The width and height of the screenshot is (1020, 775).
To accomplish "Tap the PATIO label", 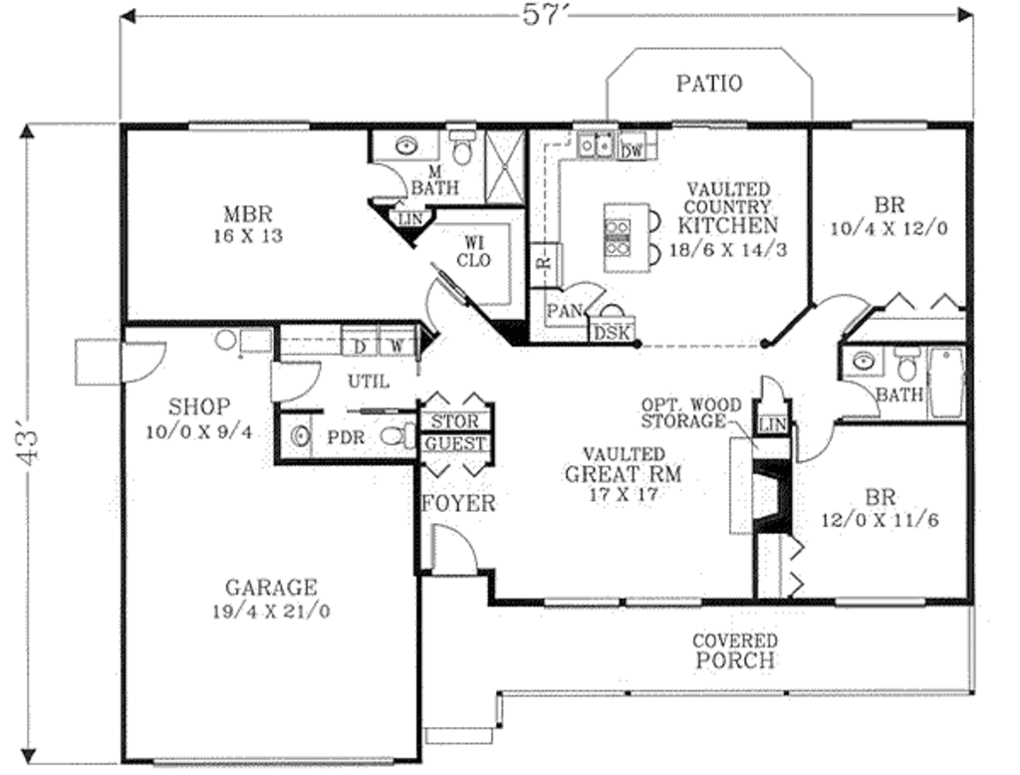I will [x=709, y=83].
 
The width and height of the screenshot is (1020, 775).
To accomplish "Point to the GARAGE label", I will [x=270, y=588].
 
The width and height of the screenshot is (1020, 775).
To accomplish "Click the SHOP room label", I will [x=199, y=406].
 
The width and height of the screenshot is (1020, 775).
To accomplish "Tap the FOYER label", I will [x=457, y=503].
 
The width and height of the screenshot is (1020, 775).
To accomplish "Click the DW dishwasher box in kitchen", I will [x=631, y=150].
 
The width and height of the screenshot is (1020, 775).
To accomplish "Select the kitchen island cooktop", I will [x=618, y=238].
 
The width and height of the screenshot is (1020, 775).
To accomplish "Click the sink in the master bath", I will [x=405, y=146].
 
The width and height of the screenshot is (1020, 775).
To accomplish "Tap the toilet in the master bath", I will [x=461, y=150].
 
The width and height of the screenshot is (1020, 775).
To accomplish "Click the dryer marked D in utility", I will [x=361, y=346].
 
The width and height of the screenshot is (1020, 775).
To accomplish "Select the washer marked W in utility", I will [x=396, y=346].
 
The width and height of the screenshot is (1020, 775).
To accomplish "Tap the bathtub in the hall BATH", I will [x=946, y=384].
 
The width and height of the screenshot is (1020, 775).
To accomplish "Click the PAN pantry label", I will [x=565, y=312].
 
